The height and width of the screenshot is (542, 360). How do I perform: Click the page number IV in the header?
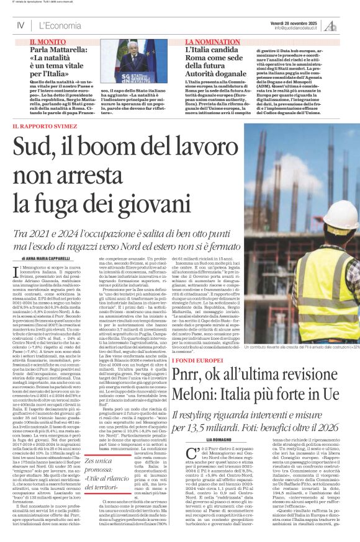tap(20, 25)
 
